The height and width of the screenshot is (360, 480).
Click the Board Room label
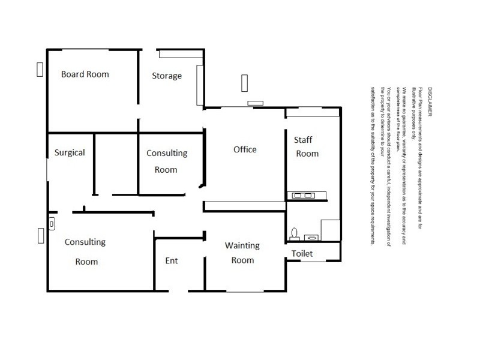85,74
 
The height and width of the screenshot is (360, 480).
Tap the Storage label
166,76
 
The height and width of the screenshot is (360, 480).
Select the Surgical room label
70,152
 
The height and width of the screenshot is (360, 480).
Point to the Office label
245,149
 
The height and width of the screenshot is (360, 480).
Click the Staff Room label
306,146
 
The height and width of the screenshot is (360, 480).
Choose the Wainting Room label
242,253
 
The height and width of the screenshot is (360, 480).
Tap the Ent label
172,260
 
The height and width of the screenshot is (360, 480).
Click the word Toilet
302,254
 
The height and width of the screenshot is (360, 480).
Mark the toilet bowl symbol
294,233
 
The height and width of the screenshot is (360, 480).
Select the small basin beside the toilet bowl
310,237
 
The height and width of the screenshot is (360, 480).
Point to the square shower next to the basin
331,230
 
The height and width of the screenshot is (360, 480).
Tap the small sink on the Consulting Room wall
52,223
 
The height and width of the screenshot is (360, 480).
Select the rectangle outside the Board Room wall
40,69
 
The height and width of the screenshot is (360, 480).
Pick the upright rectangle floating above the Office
244,82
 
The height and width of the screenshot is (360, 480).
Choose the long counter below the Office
245,206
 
